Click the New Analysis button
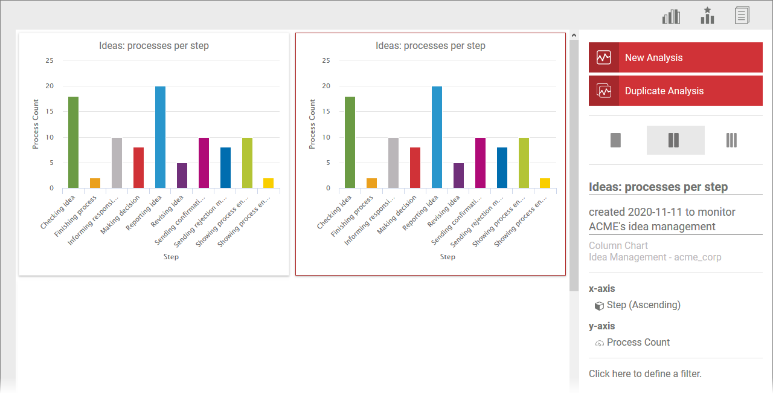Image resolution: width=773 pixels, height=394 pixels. tap(675, 58)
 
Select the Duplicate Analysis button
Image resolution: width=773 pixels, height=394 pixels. tap(675, 91)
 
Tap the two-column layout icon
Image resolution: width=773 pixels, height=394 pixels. tap(675, 140)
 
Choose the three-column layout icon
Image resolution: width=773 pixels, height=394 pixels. tap(731, 140)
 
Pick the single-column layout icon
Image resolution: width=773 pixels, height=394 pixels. tap(616, 140)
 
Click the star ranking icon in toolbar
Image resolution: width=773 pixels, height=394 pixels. tap(707, 16)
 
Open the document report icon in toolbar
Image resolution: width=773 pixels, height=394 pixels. tap(742, 16)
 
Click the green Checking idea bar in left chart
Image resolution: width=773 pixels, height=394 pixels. tap(73, 143)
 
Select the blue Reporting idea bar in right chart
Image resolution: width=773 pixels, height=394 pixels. tap(437, 137)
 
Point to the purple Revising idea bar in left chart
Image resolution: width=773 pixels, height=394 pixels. tap(182, 176)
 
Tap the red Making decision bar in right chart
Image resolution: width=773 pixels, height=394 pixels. tap(415, 168)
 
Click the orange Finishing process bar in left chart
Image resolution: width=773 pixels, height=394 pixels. tap(95, 183)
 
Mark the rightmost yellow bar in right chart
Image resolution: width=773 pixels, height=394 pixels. tap(545, 183)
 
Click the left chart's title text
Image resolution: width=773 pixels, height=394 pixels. tap(154, 46)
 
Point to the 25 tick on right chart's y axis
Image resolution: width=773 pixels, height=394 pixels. tap(326, 60)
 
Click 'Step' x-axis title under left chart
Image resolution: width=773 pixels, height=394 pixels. tap(171, 257)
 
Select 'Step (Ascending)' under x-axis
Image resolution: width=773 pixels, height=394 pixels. tap(643, 305)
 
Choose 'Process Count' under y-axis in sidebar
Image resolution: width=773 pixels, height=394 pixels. tap(638, 343)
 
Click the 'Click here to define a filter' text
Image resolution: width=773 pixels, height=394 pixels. tap(645, 374)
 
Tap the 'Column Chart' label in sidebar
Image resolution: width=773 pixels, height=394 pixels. tap(618, 246)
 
